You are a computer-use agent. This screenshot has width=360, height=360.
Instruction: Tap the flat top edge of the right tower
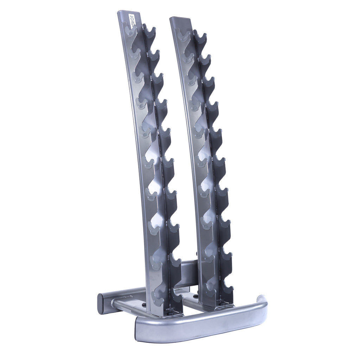tap(180, 19)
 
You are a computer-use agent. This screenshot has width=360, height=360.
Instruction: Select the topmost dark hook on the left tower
tap(149, 32)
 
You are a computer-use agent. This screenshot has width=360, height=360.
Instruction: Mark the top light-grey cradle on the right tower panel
tap(182, 36)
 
